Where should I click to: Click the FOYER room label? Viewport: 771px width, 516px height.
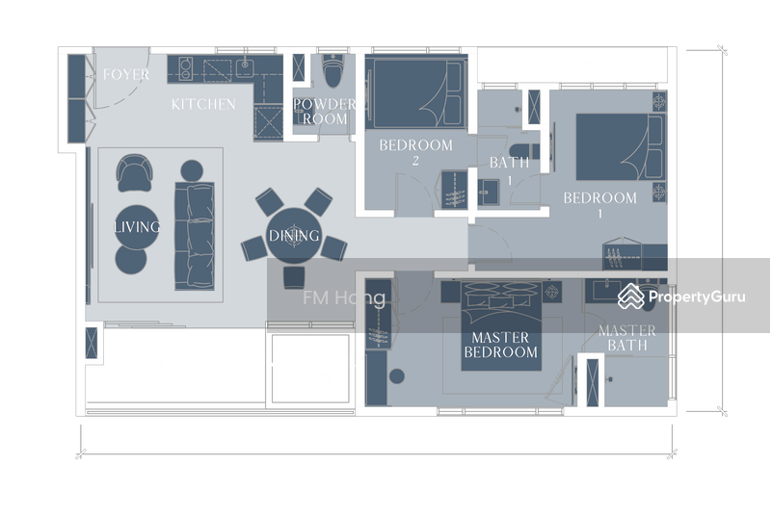[126, 74]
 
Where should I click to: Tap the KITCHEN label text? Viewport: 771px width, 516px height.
[203, 104]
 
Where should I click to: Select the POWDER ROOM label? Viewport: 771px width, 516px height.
[325, 112]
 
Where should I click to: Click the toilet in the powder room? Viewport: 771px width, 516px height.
[333, 70]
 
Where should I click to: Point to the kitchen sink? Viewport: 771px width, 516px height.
[245, 66]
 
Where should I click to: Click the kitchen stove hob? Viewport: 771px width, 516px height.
[185, 68]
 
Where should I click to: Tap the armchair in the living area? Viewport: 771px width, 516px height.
[134, 173]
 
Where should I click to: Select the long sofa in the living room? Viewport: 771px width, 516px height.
[195, 236]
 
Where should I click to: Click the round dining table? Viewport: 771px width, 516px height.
[294, 235]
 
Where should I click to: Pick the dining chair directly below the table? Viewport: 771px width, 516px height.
[294, 277]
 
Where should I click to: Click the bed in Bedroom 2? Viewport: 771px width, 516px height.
[416, 92]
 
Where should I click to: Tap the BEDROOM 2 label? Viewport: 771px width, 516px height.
[416, 152]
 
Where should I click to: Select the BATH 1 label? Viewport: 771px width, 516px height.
[510, 170]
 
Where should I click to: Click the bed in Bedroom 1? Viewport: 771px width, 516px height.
[621, 146]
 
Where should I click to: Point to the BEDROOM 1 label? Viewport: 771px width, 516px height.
[599, 205]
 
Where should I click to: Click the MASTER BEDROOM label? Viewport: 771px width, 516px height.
[500, 345]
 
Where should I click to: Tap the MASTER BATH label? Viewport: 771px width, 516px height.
[627, 338]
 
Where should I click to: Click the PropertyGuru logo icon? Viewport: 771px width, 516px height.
[631, 297]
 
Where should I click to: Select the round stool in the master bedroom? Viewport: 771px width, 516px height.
[397, 376]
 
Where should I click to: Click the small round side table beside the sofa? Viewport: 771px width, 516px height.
[192, 170]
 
